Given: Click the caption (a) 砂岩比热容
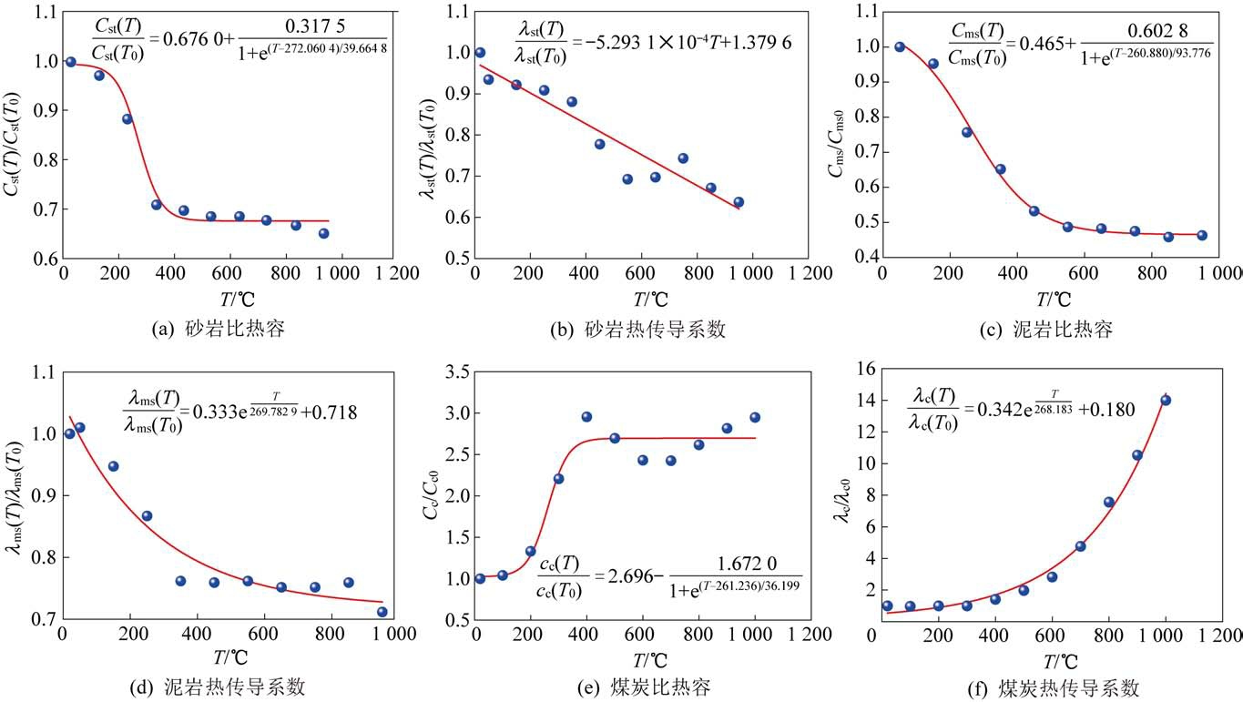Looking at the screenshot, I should point(218,330).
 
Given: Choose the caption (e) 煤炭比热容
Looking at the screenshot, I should point(637,687).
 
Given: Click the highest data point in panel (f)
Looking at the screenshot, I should point(1166,400).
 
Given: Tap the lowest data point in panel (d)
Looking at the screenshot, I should point(382,612).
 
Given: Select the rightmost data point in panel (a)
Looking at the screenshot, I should point(323,233).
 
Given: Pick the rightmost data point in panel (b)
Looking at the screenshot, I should point(739,202).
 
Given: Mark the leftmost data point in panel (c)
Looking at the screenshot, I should point(900,46).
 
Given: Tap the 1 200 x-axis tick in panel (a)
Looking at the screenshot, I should point(398,273).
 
